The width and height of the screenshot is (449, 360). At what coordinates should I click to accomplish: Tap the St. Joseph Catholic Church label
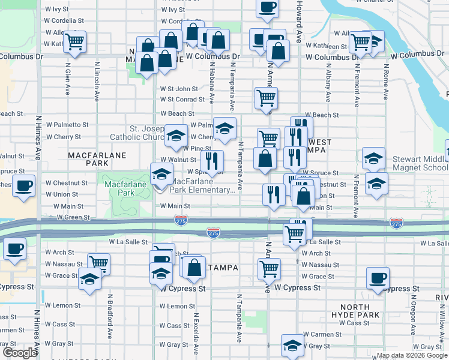click(x=146, y=133)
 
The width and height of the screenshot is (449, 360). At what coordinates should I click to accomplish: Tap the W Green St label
click(x=70, y=217)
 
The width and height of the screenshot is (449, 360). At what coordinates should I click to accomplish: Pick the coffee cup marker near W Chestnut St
click(x=23, y=185)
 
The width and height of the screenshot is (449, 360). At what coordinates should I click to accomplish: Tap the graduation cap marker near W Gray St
click(x=292, y=345)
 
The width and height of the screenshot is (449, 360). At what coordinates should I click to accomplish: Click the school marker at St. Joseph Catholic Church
click(x=176, y=136)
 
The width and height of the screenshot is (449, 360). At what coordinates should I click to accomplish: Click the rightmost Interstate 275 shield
click(x=396, y=223)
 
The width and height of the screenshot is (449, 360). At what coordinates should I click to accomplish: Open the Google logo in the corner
click(x=20, y=353)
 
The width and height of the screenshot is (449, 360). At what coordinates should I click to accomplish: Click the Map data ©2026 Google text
click(x=412, y=355)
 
